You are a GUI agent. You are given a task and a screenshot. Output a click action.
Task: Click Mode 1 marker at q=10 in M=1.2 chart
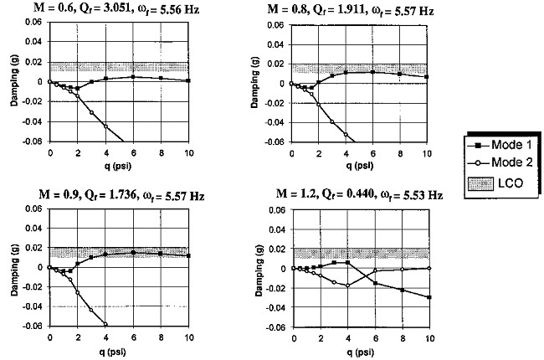[x=428, y=297]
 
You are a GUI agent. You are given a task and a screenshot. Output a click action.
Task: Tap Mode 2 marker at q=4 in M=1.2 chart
[x=346, y=285]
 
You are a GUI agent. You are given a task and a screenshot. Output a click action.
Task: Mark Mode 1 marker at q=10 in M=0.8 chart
[x=428, y=77]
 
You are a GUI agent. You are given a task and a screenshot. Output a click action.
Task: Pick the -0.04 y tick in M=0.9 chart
[x=35, y=307]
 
